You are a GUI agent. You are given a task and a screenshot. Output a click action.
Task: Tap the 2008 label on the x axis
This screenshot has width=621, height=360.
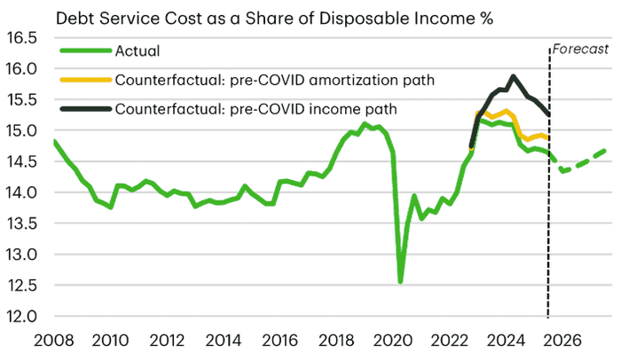pos(54,339)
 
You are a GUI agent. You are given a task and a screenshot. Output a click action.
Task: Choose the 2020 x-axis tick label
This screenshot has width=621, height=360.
pos(389,339)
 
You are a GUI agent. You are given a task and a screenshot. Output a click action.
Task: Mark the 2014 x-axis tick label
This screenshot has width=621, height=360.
pos(222,339)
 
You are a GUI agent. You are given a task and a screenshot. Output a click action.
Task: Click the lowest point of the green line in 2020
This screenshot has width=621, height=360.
pos(401,282)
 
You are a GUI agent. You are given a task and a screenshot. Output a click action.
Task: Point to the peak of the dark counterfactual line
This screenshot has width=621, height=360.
pos(513,76)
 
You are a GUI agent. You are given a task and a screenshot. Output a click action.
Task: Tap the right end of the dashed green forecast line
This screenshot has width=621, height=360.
pos(606,150)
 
